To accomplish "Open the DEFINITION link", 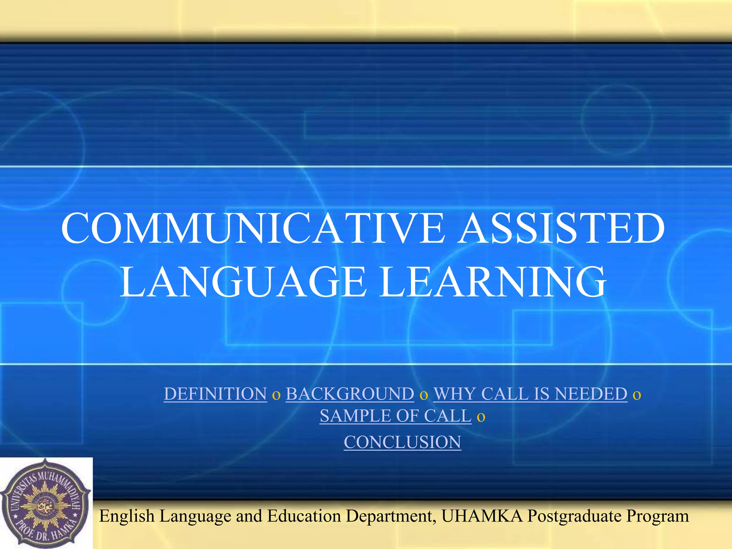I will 216,394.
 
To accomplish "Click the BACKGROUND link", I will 350,394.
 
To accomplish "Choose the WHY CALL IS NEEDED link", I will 530,394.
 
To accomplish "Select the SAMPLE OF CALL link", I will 396,416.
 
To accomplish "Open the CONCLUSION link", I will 402,442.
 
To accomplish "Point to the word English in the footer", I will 127,516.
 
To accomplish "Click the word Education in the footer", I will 304,516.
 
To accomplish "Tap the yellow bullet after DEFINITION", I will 276,395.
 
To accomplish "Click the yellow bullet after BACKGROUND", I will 424,395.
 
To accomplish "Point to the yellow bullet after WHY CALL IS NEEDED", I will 637,395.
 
